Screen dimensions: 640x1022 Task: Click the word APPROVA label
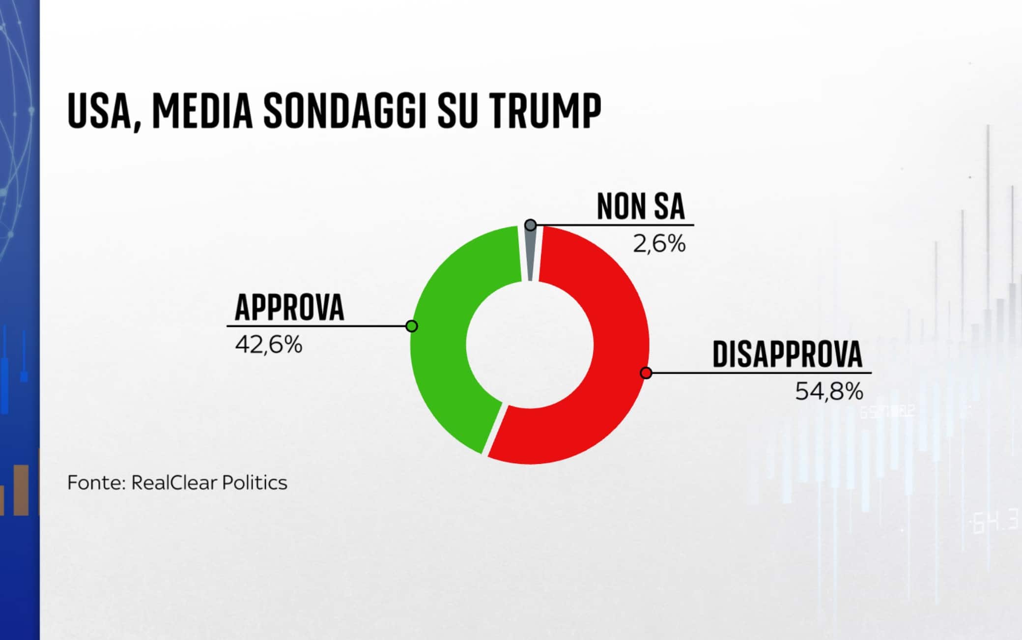pyautogui.click(x=289, y=308)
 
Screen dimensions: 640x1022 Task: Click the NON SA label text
pyautogui.click(x=641, y=207)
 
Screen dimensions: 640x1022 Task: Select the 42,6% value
pyautogui.click(x=269, y=345)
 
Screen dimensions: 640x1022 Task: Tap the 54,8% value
pyautogui.click(x=829, y=391)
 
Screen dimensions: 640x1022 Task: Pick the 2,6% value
pyautogui.click(x=659, y=244)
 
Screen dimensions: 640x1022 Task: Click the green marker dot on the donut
pyautogui.click(x=412, y=326)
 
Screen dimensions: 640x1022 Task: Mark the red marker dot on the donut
pyautogui.click(x=646, y=373)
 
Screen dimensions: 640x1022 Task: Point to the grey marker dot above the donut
pyautogui.click(x=531, y=225)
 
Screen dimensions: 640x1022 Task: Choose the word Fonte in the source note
pyautogui.click(x=96, y=483)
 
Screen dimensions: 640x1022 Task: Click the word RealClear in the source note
pyautogui.click(x=174, y=483)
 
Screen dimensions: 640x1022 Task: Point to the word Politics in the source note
pyautogui.click(x=255, y=483)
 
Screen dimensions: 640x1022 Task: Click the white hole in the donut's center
pyautogui.click(x=530, y=345)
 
